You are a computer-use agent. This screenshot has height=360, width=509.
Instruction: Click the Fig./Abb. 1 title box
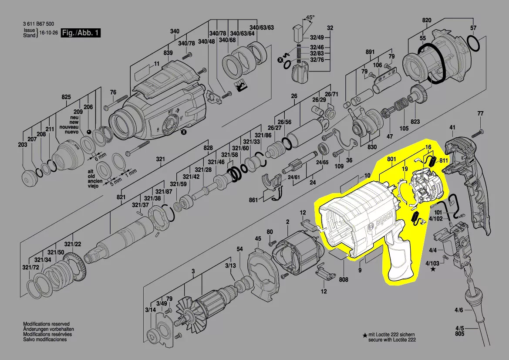tap(81, 33)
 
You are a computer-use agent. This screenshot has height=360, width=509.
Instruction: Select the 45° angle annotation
tap(310, 18)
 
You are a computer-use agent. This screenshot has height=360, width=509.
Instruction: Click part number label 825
tap(66, 96)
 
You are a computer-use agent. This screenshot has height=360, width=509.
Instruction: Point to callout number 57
tap(473, 28)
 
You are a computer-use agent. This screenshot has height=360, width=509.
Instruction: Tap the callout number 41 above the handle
tap(452, 127)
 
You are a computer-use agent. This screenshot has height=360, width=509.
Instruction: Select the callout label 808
tap(344, 279)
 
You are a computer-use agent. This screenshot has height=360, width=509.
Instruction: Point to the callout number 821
tap(121, 197)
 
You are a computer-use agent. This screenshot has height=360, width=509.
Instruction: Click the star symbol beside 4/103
tap(432, 270)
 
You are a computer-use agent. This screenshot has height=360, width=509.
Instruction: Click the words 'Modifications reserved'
tap(46, 324)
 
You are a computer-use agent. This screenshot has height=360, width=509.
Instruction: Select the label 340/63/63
tap(264, 28)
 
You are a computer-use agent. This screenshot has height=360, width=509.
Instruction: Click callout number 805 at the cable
tap(460, 334)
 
